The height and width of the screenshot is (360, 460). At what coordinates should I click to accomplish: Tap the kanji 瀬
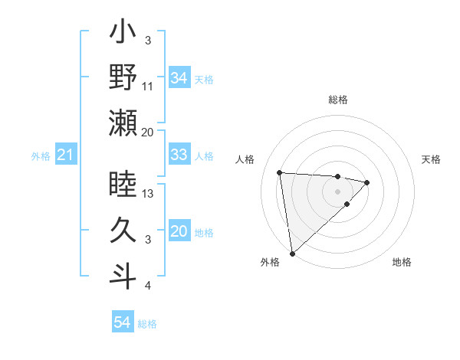tap(123, 123)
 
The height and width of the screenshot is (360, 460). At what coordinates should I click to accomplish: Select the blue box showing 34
tap(179, 78)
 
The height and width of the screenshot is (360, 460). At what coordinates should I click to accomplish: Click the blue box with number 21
tap(65, 155)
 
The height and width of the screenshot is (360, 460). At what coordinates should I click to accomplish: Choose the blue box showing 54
tap(122, 322)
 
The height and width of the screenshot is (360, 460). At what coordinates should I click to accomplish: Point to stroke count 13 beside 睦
tap(149, 194)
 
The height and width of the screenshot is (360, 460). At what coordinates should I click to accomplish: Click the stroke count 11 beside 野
tap(149, 86)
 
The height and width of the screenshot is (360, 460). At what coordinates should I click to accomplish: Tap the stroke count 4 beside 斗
tap(147, 286)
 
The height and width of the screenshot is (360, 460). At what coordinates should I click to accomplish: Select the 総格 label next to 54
tap(147, 324)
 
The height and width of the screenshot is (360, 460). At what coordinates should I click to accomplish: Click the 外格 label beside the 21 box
tap(41, 156)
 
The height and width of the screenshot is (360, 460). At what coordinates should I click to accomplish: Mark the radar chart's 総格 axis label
tap(337, 100)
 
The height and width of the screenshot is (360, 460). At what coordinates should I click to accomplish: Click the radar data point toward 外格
tap(292, 253)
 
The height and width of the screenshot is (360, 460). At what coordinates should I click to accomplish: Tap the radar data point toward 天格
tap(367, 182)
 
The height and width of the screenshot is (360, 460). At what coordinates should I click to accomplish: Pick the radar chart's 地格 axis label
tap(402, 263)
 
